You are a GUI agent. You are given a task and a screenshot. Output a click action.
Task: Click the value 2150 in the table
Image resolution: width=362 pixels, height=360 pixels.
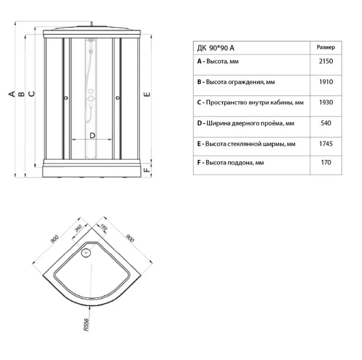pyautogui.click(x=326, y=61)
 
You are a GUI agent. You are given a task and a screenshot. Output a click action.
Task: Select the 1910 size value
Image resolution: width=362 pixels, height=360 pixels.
pyautogui.click(x=326, y=82)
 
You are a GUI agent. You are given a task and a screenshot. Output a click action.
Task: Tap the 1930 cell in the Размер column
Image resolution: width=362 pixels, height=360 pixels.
pyautogui.click(x=326, y=102)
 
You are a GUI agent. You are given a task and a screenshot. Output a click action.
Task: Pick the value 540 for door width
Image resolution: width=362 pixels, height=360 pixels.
pyautogui.click(x=326, y=123)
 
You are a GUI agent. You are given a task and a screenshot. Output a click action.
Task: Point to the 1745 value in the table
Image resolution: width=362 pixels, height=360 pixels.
pyautogui.click(x=326, y=144)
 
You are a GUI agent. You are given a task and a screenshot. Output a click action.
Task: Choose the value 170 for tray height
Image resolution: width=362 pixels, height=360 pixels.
pyautogui.click(x=326, y=162)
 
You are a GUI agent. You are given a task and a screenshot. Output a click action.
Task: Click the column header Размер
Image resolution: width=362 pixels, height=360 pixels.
pyautogui.click(x=326, y=47)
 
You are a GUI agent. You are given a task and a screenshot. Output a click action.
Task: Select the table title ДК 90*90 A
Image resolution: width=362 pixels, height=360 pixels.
pyautogui.click(x=216, y=48)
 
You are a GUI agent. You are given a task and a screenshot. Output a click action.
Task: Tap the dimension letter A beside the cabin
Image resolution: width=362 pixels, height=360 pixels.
pyautogui.click(x=12, y=94)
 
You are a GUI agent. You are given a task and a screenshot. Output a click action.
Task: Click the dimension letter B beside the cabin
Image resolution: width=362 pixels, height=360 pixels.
pyautogui.click(x=21, y=94)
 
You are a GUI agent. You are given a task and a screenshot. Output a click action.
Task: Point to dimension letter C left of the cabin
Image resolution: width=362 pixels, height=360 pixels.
pyautogui.click(x=31, y=94)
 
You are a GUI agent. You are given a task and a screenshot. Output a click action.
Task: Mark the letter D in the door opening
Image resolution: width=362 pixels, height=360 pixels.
pyautogui.click(x=92, y=136)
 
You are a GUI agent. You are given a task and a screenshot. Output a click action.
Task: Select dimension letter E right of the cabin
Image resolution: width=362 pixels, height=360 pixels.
pyautogui.click(x=147, y=94)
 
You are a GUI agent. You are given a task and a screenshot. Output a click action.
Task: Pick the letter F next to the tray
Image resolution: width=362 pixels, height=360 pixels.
pyautogui.click(x=147, y=170)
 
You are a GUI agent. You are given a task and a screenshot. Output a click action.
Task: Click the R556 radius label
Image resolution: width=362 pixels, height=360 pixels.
pyautogui.click(x=86, y=325)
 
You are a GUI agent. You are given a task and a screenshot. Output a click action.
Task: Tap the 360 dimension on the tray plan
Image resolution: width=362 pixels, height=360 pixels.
pyautogui.click(x=78, y=228)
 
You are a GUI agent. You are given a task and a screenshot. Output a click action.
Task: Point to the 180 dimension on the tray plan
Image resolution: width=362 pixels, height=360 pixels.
pyautogui.click(x=104, y=227)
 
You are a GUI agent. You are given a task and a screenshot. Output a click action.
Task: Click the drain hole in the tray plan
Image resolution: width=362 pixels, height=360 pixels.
pyautogui.click(x=86, y=253)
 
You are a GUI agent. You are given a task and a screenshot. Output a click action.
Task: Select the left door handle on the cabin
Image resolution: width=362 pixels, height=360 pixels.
pyautogui.click(x=66, y=98)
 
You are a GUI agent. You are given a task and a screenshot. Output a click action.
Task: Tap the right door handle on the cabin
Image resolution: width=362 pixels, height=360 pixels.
pyautogui.click(x=118, y=98)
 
